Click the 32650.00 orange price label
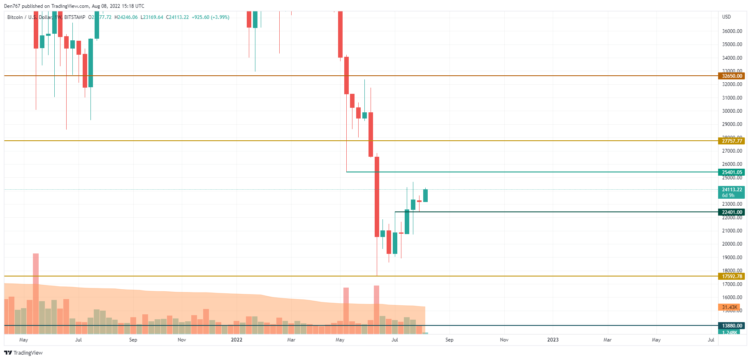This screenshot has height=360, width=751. point(732,76)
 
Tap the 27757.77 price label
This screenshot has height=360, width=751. point(732,141)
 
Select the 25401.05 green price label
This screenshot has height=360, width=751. point(732,172)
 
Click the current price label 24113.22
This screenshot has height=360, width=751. point(732,190)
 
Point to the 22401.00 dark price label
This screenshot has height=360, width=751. point(732,212)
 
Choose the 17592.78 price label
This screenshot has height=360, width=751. point(732,276)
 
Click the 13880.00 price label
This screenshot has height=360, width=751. point(732,325)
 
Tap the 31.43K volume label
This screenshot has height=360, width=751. point(729,307)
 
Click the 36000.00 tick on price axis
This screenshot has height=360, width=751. point(732,31)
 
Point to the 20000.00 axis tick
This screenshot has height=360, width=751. point(732,244)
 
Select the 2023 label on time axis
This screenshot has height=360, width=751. point(553,340)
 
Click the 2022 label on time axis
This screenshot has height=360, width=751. point(236,340)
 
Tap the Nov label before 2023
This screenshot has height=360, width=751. point(504,340)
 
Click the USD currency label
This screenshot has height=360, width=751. point(726,17)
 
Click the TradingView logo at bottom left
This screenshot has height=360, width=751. point(23,353)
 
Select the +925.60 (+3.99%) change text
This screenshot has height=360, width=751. point(211,17)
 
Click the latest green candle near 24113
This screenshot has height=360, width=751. point(425,195)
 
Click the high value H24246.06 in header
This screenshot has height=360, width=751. point(126,17)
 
